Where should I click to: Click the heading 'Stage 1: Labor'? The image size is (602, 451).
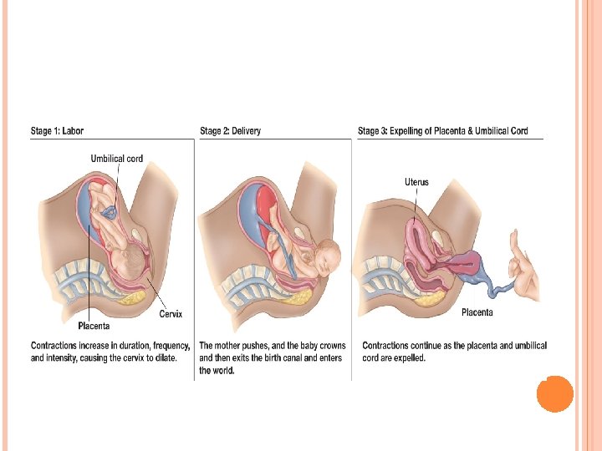click(x=57, y=130)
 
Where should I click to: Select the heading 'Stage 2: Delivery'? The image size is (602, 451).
click(x=230, y=130)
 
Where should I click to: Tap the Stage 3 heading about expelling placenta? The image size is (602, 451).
click(x=442, y=130)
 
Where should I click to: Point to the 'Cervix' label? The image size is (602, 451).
click(x=171, y=314)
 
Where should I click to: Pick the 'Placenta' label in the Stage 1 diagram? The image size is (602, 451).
click(x=94, y=326)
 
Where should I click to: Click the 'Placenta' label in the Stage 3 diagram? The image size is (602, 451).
click(x=477, y=312)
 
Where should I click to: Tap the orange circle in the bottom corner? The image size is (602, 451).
click(x=554, y=393)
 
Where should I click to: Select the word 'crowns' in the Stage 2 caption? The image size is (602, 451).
click(x=330, y=346)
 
